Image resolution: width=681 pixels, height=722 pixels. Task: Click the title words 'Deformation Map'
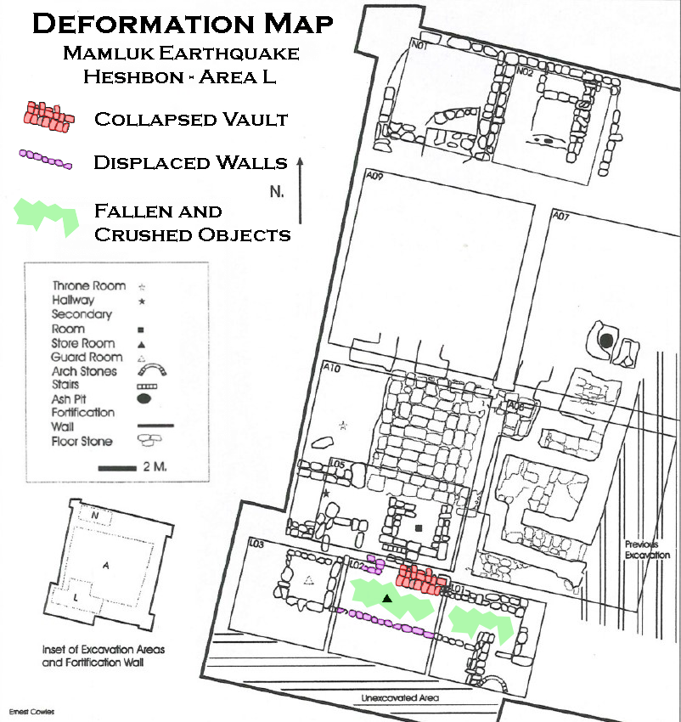(183, 24)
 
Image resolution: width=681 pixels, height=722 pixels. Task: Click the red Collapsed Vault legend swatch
(48, 117)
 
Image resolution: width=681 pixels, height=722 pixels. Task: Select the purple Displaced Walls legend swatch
(45, 160)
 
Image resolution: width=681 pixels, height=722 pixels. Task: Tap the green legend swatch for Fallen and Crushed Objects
(47, 217)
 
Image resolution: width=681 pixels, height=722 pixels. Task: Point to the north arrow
(301, 190)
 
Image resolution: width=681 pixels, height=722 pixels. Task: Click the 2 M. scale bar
(117, 468)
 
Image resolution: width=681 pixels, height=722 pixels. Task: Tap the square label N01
(419, 45)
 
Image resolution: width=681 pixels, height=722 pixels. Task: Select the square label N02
(525, 71)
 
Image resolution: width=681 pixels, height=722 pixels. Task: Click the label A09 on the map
(374, 176)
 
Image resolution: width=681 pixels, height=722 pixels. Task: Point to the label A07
(560, 215)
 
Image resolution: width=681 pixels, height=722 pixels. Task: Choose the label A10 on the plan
(331, 368)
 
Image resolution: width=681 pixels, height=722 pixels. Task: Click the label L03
(256, 544)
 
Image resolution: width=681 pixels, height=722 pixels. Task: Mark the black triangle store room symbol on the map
(387, 598)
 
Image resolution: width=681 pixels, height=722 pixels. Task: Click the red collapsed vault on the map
(421, 579)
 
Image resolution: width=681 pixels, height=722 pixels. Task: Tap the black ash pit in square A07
(606, 341)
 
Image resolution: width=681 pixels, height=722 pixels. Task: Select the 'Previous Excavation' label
(647, 550)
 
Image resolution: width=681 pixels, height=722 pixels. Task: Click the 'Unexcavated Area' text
(400, 697)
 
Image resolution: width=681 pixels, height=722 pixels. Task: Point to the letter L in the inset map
(76, 598)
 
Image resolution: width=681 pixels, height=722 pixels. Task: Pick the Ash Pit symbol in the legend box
(144, 398)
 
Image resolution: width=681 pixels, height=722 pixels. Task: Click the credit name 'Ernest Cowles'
(31, 712)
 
